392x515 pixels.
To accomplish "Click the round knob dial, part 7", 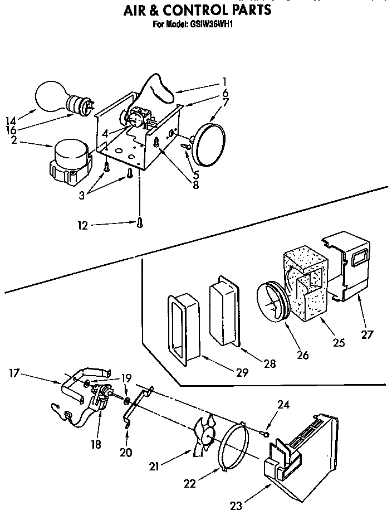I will (210, 144).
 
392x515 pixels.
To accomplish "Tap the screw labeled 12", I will (139, 223).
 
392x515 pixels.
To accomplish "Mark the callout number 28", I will (269, 364).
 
